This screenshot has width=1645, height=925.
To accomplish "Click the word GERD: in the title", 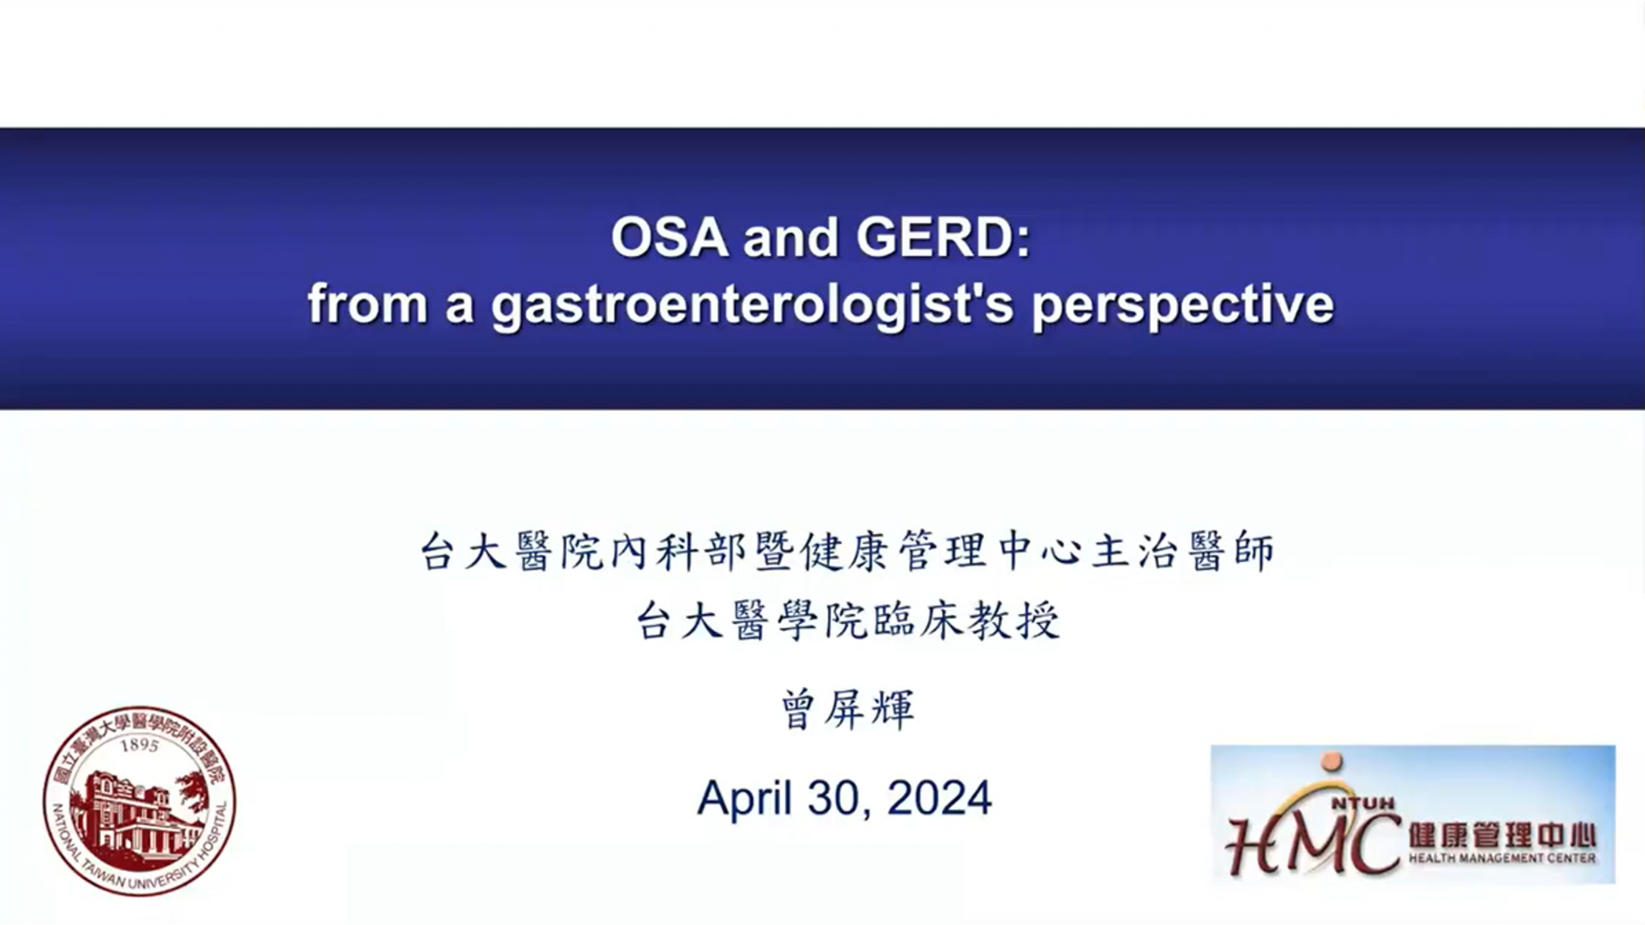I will click(943, 238).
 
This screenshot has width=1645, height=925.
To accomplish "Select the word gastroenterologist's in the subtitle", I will click(752, 306).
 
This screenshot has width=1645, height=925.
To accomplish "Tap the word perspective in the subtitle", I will click(1182, 306).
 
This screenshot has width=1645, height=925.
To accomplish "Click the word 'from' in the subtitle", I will click(366, 306).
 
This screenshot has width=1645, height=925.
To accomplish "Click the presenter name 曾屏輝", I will click(847, 710).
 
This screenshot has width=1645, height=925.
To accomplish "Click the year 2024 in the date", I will click(940, 798).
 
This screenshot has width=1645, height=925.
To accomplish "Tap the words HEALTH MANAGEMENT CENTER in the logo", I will click(1501, 858).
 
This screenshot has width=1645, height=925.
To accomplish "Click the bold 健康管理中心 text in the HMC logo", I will click(1501, 835).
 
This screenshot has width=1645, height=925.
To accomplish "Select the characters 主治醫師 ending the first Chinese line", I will click(1183, 552).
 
